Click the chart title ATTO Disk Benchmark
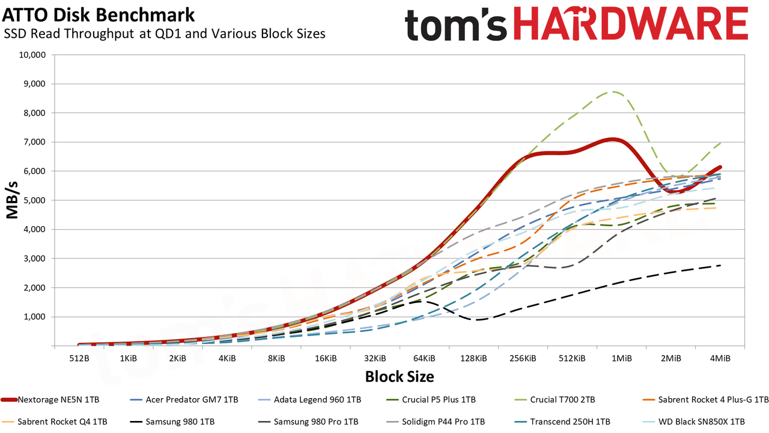(98, 15)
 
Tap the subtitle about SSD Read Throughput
(165, 34)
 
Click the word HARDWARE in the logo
(631, 23)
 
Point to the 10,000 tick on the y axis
(32, 55)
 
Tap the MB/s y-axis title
(12, 200)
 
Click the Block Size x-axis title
(400, 376)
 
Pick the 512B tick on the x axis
(79, 358)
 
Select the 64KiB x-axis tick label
(424, 358)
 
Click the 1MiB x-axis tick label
(621, 358)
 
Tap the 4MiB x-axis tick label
(720, 358)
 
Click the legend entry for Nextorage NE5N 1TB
(50, 400)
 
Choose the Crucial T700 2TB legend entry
(555, 400)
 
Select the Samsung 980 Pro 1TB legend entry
(308, 422)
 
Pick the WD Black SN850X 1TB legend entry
(693, 422)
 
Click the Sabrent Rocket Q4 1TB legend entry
(54, 422)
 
